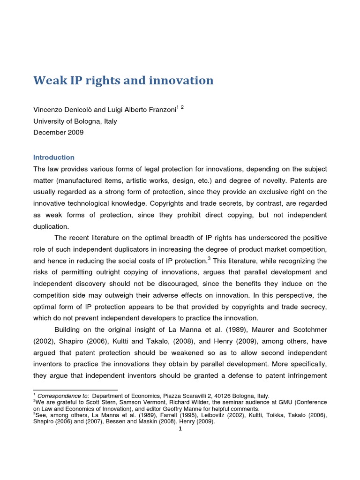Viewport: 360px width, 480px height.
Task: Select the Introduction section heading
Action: click(x=54, y=157)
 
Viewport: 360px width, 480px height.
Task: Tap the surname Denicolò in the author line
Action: click(x=79, y=109)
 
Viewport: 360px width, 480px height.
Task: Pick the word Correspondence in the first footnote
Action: click(x=60, y=396)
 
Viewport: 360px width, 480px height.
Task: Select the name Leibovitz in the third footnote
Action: click(x=208, y=415)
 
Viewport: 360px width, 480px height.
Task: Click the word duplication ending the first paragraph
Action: click(x=52, y=226)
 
